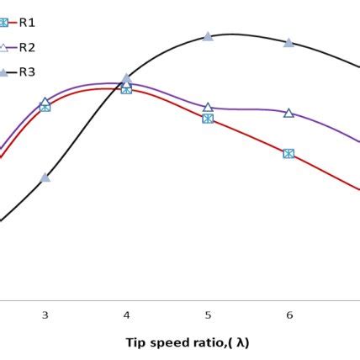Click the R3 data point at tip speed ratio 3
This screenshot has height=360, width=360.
(45, 177)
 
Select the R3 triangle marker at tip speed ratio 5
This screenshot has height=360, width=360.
(208, 37)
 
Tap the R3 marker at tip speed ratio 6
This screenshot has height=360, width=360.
(289, 42)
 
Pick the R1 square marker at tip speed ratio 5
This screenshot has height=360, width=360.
(208, 119)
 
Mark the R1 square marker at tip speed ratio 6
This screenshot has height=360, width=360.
(289, 153)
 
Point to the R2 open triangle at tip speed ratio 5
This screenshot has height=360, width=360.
(208, 107)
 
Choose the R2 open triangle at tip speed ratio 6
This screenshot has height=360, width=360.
(289, 113)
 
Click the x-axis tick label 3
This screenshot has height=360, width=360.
(45, 315)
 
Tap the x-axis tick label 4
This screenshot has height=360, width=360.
(126, 315)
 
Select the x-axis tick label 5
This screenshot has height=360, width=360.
(208, 315)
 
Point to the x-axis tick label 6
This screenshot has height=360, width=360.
(289, 315)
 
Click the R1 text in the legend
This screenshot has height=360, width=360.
(27, 21)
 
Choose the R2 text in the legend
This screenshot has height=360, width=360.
(27, 47)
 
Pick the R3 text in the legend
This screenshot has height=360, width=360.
(27, 72)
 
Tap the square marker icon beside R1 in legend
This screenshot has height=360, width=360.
(4, 21)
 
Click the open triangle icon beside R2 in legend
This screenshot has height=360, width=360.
(4, 47)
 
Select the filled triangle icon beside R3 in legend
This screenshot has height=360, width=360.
(4, 72)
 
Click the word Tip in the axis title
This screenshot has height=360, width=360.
(135, 342)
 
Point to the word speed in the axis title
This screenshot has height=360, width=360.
(163, 343)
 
